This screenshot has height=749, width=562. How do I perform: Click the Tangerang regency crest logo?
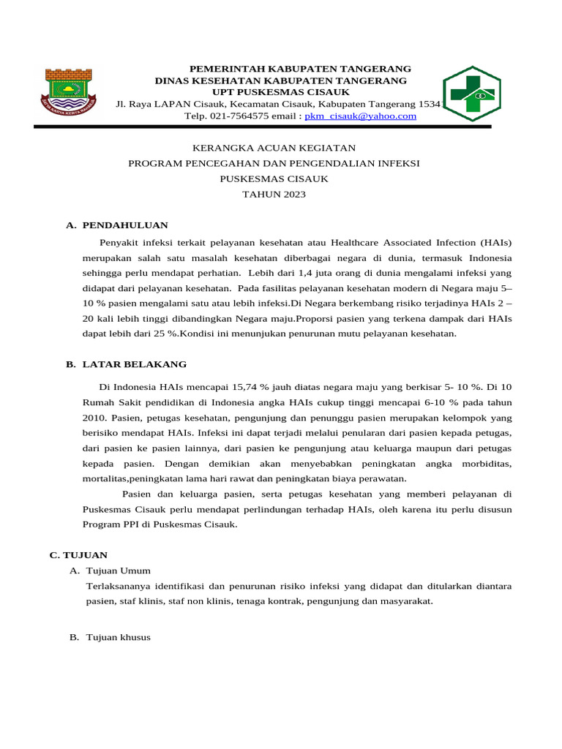(71, 91)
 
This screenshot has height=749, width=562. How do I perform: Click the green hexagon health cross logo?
(472, 94)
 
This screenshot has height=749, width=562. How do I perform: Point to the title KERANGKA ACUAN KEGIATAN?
(274, 147)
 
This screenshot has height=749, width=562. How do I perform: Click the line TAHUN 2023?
(274, 195)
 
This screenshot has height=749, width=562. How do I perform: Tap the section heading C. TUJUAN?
(78, 555)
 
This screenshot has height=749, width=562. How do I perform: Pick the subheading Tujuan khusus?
(118, 637)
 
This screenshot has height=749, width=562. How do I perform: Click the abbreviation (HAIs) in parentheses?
(496, 242)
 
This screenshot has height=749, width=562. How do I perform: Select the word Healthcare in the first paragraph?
(357, 242)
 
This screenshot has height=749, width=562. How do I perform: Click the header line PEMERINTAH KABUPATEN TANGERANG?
(300, 68)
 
